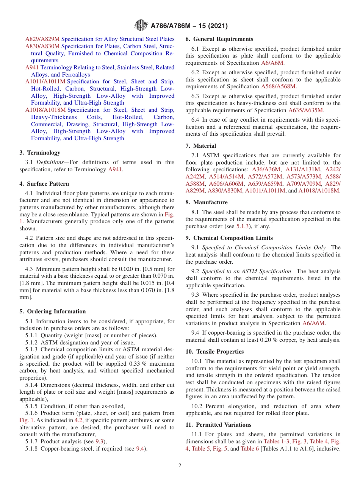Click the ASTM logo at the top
[141, 26]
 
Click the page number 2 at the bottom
[180, 465]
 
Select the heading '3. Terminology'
[40, 153]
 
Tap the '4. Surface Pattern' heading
[44, 184]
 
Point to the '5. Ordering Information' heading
[53, 311]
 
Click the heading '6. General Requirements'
[219, 39]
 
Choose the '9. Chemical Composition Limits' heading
[229, 238]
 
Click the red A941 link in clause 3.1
[115, 169]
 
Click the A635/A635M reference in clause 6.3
[306, 110]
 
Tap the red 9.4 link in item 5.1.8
[140, 449]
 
